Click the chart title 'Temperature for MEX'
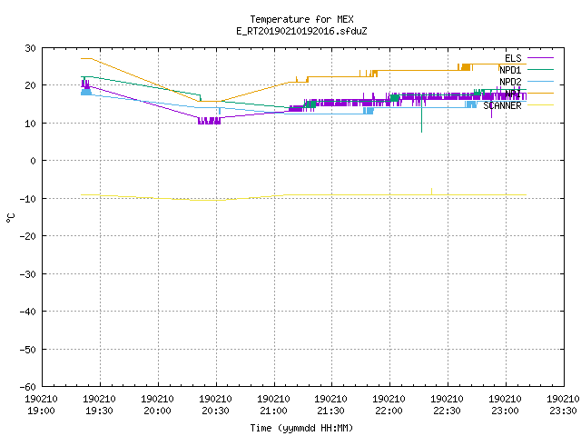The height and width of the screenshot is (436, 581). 301,19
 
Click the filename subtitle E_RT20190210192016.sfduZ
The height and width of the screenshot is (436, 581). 301,31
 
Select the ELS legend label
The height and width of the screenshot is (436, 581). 513,58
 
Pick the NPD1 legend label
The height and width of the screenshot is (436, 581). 510,70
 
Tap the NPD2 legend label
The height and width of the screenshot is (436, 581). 510,82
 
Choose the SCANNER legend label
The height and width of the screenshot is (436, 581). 502,105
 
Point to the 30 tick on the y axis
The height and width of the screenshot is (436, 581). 30,48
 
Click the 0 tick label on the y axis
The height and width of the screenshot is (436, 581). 34,161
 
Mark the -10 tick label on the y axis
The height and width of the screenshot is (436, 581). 28,199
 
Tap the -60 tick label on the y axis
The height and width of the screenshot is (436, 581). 28,387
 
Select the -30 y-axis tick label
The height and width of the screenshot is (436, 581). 28,274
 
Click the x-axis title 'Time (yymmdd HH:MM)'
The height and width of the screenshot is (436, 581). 301,428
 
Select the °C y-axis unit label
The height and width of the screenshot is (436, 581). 10,218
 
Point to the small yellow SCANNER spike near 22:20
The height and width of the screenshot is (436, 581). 432,192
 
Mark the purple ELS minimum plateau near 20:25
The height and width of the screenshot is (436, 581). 210,121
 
